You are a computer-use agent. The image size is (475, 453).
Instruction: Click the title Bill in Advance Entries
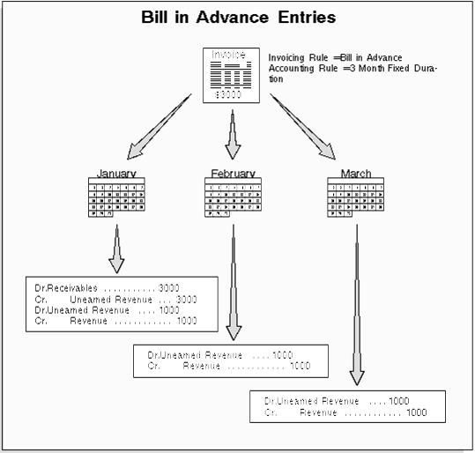[237, 17]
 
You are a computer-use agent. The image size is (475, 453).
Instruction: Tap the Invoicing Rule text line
[336, 57]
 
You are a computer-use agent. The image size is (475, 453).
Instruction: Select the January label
[116, 174]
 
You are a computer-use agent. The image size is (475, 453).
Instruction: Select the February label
[233, 174]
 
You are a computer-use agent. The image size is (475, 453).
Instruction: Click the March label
[356, 174]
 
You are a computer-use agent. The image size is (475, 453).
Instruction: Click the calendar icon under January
[117, 198]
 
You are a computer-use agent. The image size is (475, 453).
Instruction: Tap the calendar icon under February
[233, 198]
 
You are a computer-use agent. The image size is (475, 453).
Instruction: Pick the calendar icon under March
[355, 198]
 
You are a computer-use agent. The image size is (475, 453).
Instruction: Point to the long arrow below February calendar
[234, 282]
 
